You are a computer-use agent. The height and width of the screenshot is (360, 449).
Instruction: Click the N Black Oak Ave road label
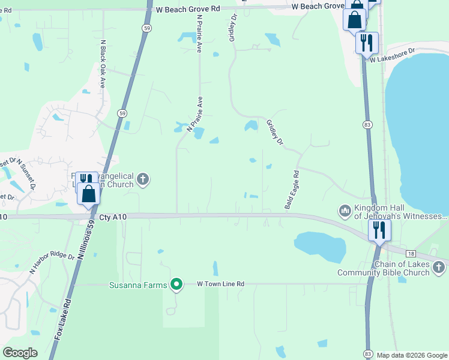(x=103, y=64)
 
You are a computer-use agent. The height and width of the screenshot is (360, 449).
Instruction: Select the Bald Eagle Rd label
(x=291, y=189)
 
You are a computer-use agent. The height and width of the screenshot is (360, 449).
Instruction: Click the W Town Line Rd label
(x=221, y=284)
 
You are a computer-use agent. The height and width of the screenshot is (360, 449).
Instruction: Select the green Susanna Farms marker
(x=176, y=284)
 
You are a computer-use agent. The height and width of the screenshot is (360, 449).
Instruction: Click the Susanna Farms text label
(x=137, y=284)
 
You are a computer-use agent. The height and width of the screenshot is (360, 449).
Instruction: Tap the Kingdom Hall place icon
(x=345, y=211)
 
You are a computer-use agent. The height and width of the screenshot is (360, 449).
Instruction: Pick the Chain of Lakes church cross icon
(x=439, y=266)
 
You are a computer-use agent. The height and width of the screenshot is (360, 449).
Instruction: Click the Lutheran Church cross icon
(x=142, y=178)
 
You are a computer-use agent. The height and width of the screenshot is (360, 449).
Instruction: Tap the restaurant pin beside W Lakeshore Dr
(x=366, y=43)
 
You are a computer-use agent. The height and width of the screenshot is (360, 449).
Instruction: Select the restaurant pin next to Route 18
(x=379, y=230)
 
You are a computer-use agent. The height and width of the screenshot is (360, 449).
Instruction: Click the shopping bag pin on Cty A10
(x=89, y=194)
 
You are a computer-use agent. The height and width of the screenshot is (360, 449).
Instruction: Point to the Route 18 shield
(x=411, y=254)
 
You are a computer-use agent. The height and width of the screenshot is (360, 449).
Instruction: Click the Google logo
(x=20, y=353)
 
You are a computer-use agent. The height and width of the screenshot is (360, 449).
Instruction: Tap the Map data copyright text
(x=412, y=355)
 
